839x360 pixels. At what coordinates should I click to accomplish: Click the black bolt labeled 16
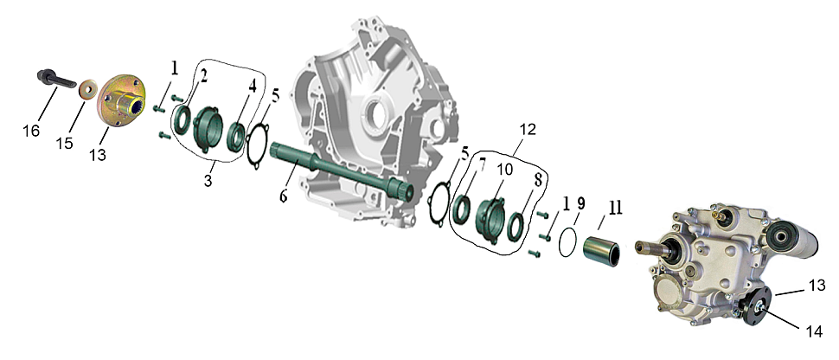pyautogui.click(x=56, y=80)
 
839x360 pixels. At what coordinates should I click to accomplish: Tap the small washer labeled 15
pyautogui.click(x=86, y=89)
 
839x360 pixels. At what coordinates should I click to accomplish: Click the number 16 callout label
pyautogui.click(x=31, y=130)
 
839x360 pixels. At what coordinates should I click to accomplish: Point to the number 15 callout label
pyautogui.click(x=65, y=144)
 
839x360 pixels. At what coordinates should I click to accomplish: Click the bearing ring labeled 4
pyautogui.click(x=237, y=137)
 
